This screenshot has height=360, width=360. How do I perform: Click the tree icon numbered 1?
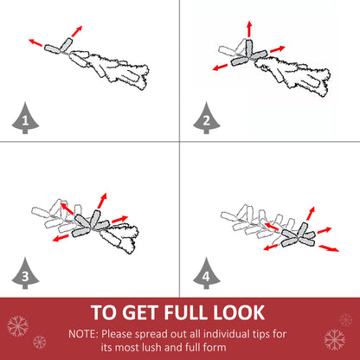(25, 119)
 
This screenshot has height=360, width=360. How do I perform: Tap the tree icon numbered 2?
(207, 119)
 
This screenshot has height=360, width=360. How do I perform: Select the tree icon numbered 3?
(25, 274)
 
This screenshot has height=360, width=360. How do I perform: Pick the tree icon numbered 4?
(207, 274)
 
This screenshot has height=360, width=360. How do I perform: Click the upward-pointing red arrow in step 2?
(249, 29)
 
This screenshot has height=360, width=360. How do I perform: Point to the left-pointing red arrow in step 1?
(35, 42)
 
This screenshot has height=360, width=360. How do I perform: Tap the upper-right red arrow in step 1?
(77, 31)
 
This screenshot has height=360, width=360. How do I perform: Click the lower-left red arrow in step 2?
(220, 67)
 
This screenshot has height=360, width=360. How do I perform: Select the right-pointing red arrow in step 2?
(278, 49)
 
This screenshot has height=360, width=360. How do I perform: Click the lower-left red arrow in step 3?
(61, 238)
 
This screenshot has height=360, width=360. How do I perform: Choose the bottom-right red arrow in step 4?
(329, 248)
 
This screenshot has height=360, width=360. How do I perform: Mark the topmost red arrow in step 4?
(311, 214)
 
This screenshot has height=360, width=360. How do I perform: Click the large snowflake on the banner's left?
(18, 326)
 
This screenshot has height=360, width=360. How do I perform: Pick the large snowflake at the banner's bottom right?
(335, 339)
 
